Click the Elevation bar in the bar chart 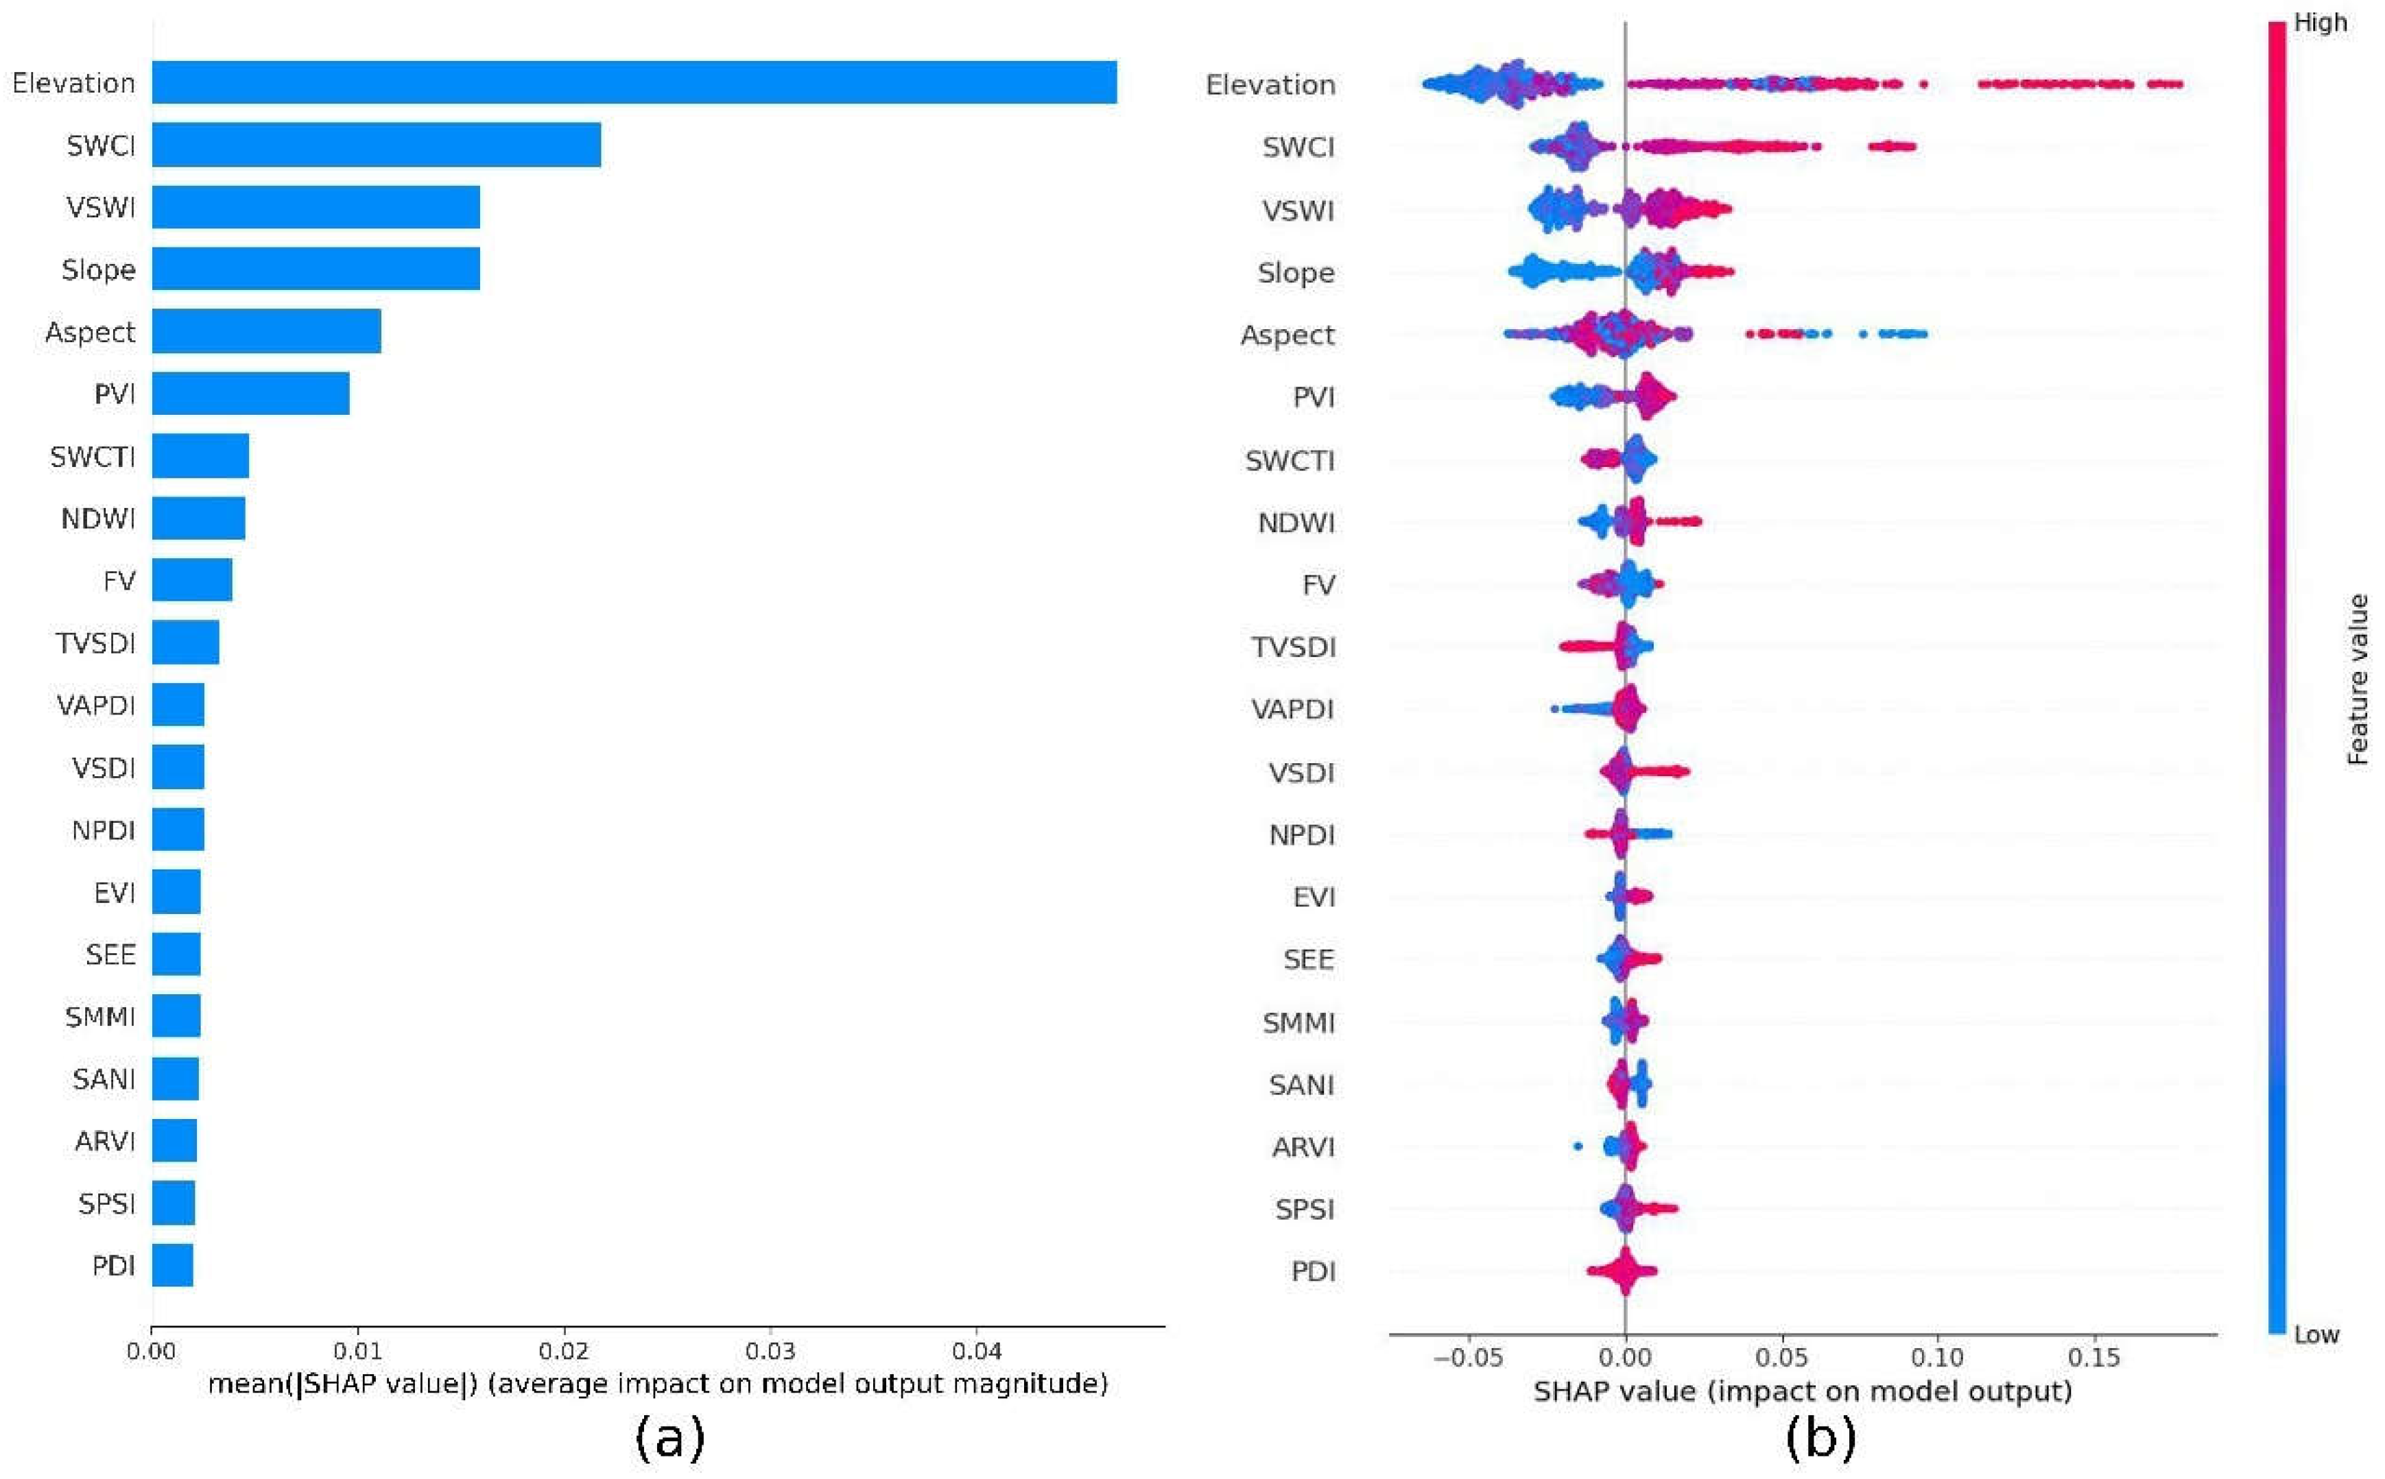click(633, 82)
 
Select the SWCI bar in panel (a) click(376, 145)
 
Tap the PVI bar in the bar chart click(250, 393)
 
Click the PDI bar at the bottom click(172, 1265)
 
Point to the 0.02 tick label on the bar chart click(563, 1352)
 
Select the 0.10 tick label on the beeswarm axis click(1937, 1358)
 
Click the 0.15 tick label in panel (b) click(2093, 1358)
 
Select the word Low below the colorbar click(2316, 1335)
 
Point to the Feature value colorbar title click(2358, 679)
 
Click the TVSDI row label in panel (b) click(1292, 647)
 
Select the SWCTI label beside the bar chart click(93, 457)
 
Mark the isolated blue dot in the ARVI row click(1577, 1146)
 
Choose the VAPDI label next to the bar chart click(96, 706)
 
